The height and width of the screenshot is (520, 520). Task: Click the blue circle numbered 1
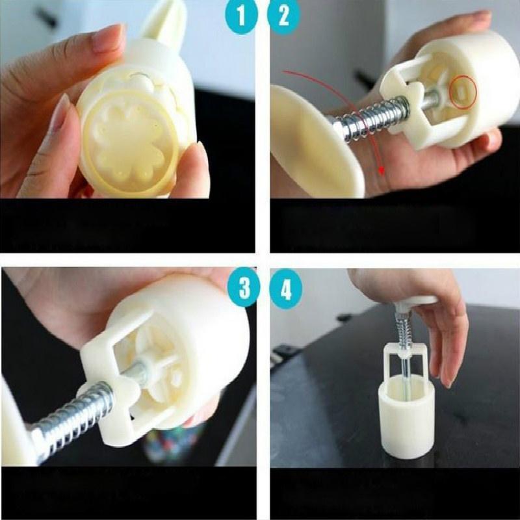pyautogui.click(x=240, y=15)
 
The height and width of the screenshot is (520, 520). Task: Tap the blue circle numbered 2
pyautogui.click(x=284, y=15)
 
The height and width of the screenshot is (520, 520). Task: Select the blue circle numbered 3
pyautogui.click(x=244, y=287)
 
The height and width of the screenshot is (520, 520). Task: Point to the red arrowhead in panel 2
pyautogui.click(x=382, y=170)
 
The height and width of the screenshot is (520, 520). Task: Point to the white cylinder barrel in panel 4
pyautogui.click(x=406, y=416)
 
